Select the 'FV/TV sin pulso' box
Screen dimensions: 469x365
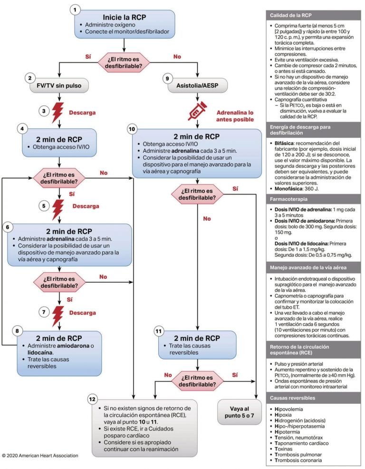58,87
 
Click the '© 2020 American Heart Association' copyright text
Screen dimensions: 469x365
40,455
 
